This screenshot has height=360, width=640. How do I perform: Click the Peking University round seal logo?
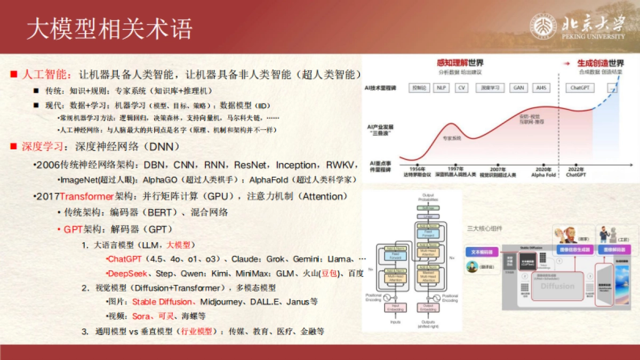point(543,27)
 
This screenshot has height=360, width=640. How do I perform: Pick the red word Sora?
point(141,316)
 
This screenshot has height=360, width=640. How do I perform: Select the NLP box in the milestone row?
point(441,87)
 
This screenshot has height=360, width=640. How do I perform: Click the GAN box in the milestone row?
point(518,87)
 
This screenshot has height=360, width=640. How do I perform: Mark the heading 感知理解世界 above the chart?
point(460,63)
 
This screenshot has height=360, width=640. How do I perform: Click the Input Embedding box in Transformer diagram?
point(396,307)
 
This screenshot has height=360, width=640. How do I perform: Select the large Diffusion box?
point(558,286)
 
